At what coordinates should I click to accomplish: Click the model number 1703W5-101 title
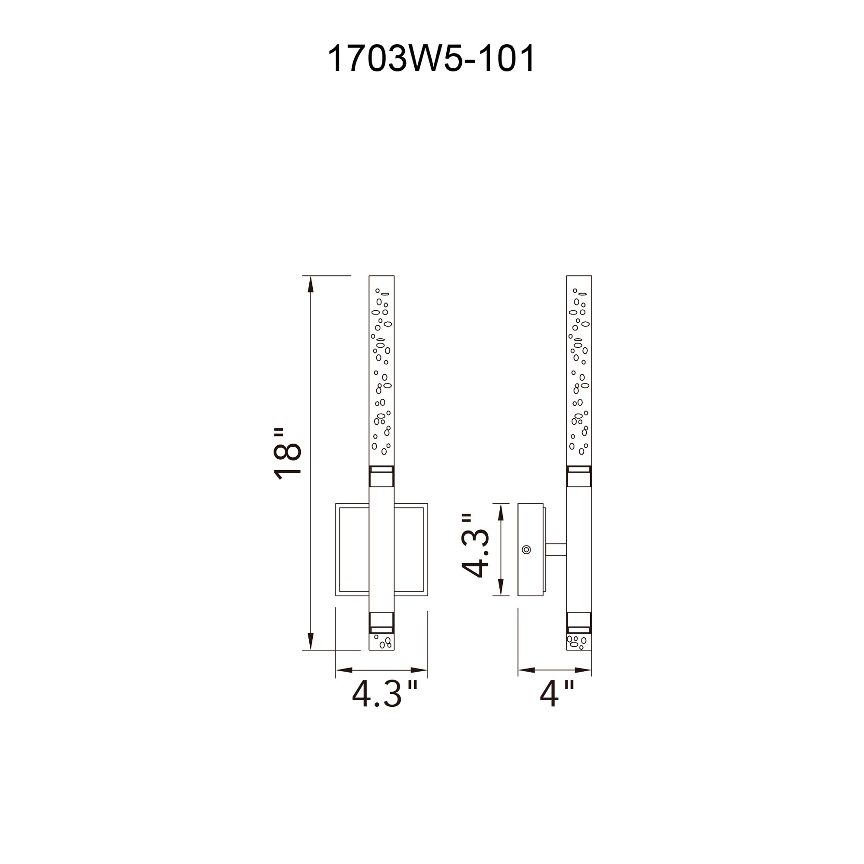[431, 59]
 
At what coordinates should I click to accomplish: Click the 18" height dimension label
[288, 454]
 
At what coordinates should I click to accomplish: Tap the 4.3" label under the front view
[384, 694]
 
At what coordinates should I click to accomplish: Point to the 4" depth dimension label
[557, 694]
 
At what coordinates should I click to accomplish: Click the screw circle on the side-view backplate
[526, 550]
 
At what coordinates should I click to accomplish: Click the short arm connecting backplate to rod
[556, 550]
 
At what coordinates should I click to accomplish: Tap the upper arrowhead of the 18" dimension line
[311, 284]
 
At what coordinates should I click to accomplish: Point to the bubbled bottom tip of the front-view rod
[381, 642]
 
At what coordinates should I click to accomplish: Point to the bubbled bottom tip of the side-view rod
[579, 642]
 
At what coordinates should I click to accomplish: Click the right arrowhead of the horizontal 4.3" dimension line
[419, 670]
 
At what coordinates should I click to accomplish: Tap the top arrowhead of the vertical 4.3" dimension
[501, 512]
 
